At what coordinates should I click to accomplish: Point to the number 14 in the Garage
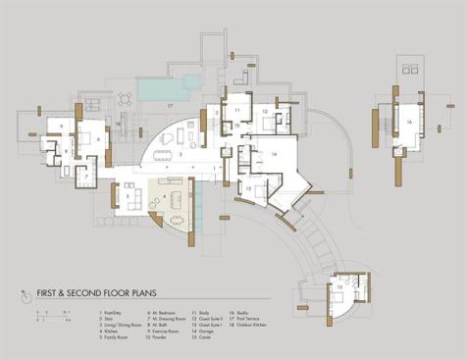(274, 154)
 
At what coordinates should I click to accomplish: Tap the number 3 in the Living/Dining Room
(179, 154)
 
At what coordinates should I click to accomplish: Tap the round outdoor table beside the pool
(125, 98)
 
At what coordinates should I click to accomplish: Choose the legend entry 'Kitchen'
(116, 331)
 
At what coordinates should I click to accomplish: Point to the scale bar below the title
(42, 318)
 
